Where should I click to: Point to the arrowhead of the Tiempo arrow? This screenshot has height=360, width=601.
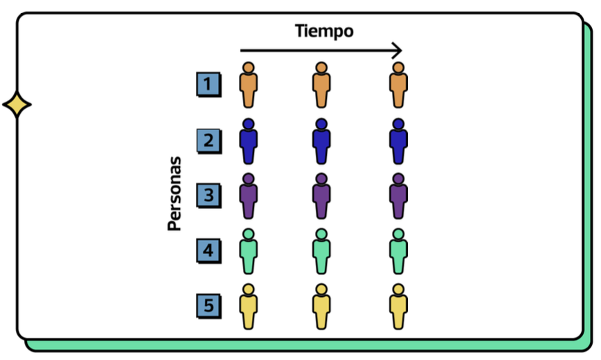(397, 51)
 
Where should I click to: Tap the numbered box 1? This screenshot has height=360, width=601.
(208, 85)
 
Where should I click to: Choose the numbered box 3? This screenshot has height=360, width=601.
(208, 196)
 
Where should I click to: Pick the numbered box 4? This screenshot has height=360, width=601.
(208, 251)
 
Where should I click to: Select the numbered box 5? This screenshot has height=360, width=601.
(208, 305)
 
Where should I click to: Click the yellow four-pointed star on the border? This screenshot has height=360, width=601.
(17, 106)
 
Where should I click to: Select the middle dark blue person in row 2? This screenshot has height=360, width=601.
(321, 141)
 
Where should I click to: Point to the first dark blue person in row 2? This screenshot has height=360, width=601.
(249, 141)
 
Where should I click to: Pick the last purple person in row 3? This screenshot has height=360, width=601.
(397, 197)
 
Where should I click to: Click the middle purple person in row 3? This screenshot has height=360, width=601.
(321, 197)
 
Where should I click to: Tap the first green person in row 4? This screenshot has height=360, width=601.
(249, 252)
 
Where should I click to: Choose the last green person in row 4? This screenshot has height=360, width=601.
(397, 252)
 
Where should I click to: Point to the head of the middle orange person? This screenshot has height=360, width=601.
(321, 69)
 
